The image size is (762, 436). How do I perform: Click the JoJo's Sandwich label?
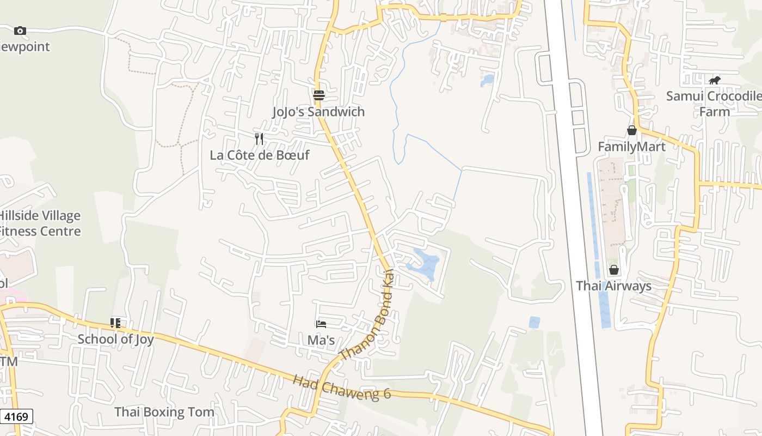click(318, 112)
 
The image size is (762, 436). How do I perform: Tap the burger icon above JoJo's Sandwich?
click(319, 95)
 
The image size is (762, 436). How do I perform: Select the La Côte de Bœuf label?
click(260, 155)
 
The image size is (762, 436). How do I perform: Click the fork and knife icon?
click(259, 139)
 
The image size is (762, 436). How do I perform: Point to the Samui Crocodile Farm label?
click(714, 104)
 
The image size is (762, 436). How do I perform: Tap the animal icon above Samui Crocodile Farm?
click(714, 81)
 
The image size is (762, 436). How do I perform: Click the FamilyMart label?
click(631, 147)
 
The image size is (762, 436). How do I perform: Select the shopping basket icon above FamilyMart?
click(632, 130)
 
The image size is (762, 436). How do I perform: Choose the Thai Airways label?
click(613, 286)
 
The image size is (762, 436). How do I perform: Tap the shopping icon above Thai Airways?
click(614, 270)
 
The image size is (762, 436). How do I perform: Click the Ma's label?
click(321, 340)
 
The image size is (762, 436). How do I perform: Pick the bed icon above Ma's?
click(321, 324)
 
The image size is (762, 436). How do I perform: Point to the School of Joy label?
click(115, 339)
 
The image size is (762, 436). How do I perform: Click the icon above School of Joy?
click(115, 323)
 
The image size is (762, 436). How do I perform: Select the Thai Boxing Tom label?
click(164, 412)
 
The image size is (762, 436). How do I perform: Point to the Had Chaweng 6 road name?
click(342, 386)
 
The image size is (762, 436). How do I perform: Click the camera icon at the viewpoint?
click(20, 31)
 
